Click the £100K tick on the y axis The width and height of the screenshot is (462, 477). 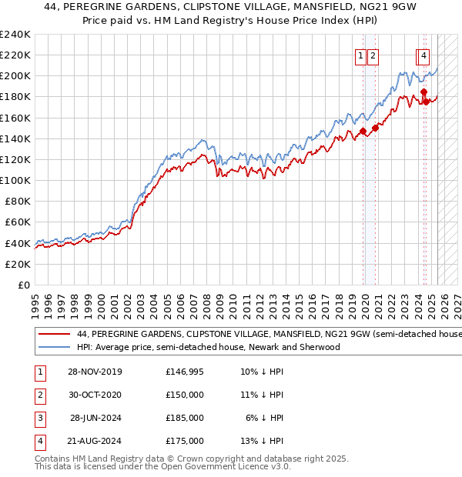[x=15, y=180]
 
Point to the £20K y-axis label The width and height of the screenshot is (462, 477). [x=18, y=264]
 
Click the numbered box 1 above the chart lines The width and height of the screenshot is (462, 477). [x=360, y=55]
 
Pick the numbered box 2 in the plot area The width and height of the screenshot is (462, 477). [x=373, y=55]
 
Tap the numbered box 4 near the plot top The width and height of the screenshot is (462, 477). [x=424, y=55]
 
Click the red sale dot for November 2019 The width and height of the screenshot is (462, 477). [x=363, y=131]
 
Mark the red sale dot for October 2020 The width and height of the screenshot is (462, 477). [x=375, y=128]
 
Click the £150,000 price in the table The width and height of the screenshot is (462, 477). [x=185, y=395]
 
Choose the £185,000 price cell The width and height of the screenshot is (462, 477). [x=185, y=418]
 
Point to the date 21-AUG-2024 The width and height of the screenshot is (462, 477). [x=93, y=441]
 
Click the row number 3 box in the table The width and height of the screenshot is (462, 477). [x=40, y=418]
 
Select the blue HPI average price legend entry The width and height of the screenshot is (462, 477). [x=208, y=347]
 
